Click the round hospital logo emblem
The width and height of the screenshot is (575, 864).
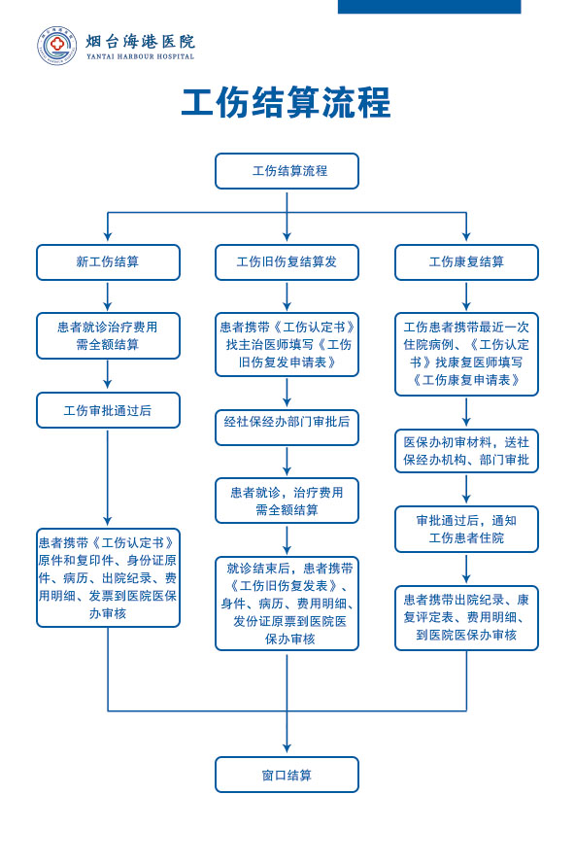coord(56,45)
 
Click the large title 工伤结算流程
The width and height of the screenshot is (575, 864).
coord(287,102)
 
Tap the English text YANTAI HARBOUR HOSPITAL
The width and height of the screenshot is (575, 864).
coord(141,56)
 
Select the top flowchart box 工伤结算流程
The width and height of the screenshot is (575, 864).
coord(287,171)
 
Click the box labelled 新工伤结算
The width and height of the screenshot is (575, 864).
coord(108,262)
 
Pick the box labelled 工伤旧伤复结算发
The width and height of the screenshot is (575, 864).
coord(287,262)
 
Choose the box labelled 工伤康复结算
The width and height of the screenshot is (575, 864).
coord(466,262)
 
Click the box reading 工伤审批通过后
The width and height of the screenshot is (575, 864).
coord(108,410)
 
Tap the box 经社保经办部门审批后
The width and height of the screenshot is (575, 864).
coord(287,428)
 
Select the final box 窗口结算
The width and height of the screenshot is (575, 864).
coord(287,775)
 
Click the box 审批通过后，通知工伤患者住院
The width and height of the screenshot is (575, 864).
coord(466,529)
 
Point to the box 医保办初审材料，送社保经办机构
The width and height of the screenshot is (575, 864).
coord(466,451)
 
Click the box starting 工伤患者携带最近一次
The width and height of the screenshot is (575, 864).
coord(466,354)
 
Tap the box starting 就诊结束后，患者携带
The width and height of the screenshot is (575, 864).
coord(287,604)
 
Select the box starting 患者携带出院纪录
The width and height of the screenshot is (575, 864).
coord(466,618)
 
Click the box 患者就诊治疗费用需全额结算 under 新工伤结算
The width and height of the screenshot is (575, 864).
coord(108,336)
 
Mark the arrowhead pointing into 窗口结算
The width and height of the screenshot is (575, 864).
coord(287,748)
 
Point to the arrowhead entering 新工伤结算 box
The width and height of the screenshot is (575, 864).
coord(108,236)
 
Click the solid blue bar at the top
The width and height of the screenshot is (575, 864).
coord(429,7)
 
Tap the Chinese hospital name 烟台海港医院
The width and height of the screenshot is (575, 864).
coord(141,42)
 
